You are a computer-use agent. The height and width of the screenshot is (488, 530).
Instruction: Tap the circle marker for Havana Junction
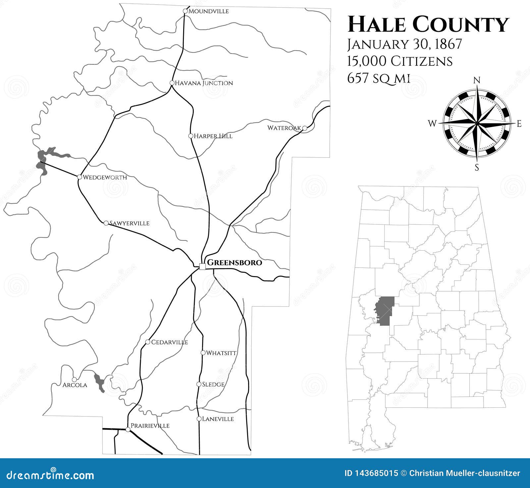(x=172, y=83)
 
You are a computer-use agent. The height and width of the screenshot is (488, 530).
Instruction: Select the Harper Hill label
(x=213, y=136)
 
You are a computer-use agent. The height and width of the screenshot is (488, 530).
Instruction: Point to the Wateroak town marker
(x=304, y=128)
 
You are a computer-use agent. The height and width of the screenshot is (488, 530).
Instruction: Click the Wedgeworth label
(x=104, y=177)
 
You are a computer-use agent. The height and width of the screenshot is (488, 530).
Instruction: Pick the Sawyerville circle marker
(x=106, y=223)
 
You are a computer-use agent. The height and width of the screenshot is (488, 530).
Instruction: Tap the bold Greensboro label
(x=234, y=263)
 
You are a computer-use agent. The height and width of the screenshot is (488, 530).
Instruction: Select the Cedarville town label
(x=169, y=342)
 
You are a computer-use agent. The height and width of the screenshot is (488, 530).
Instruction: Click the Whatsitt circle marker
(x=203, y=353)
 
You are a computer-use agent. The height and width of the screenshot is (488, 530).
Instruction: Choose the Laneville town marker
(x=199, y=419)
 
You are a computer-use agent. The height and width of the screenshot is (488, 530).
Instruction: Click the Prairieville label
(x=150, y=426)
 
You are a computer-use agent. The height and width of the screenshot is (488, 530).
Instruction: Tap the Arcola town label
(x=75, y=385)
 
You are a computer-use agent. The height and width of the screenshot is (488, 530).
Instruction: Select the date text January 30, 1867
(x=404, y=45)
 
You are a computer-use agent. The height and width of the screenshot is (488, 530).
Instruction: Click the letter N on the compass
(x=477, y=80)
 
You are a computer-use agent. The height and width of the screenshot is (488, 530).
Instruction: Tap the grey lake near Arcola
(x=99, y=382)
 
